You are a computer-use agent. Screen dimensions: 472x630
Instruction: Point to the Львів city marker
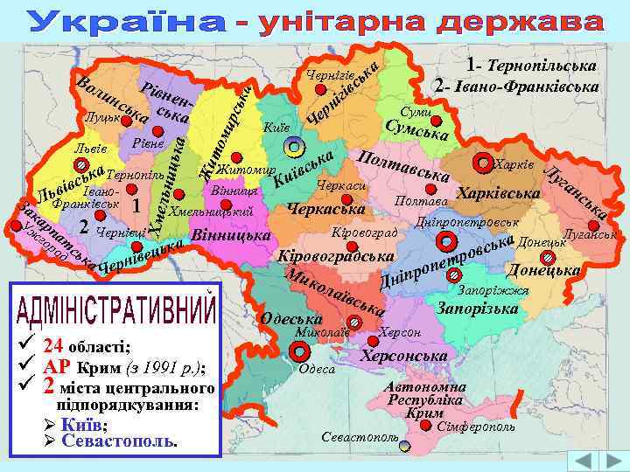[x=80, y=163]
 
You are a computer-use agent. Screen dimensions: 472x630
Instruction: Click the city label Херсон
[x=401, y=334]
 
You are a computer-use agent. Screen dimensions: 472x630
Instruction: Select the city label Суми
[x=415, y=114]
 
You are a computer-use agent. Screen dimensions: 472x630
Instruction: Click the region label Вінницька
[x=230, y=236]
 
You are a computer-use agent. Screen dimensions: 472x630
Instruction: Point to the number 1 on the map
[x=136, y=205]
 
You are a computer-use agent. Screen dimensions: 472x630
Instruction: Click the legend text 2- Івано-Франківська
[x=516, y=87]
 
